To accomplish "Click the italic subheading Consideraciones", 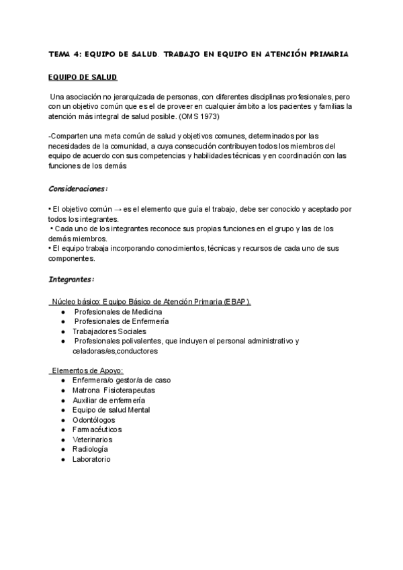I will point(78,188).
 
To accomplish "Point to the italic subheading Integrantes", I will point(71,278).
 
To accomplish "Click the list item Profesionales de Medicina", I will point(118,312).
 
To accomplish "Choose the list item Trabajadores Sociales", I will point(109,331).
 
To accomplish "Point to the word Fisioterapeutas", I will point(130,390).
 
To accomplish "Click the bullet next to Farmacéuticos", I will point(62,430).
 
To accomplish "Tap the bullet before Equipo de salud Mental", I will point(62,410).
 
